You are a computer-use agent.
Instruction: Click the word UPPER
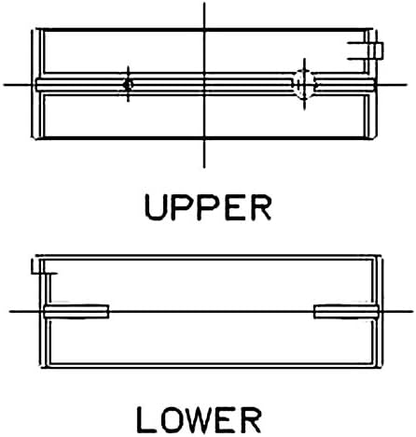click(x=208, y=207)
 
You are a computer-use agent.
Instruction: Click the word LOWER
click(x=199, y=419)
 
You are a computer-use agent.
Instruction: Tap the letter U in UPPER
click(x=154, y=207)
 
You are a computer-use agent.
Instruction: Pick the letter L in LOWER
click(x=146, y=419)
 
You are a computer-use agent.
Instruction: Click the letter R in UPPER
click(x=262, y=207)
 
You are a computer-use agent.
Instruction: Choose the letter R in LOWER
click(x=251, y=419)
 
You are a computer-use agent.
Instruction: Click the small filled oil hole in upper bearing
click(x=128, y=84)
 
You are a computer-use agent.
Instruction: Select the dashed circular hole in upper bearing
click(x=304, y=84)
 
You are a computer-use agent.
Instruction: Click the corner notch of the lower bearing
click(x=44, y=271)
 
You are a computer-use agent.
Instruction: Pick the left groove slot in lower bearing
click(x=76, y=312)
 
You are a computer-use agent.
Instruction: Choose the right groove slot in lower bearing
click(x=346, y=312)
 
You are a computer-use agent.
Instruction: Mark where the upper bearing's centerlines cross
click(x=204, y=84)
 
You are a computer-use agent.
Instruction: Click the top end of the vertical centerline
click(x=204, y=3)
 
